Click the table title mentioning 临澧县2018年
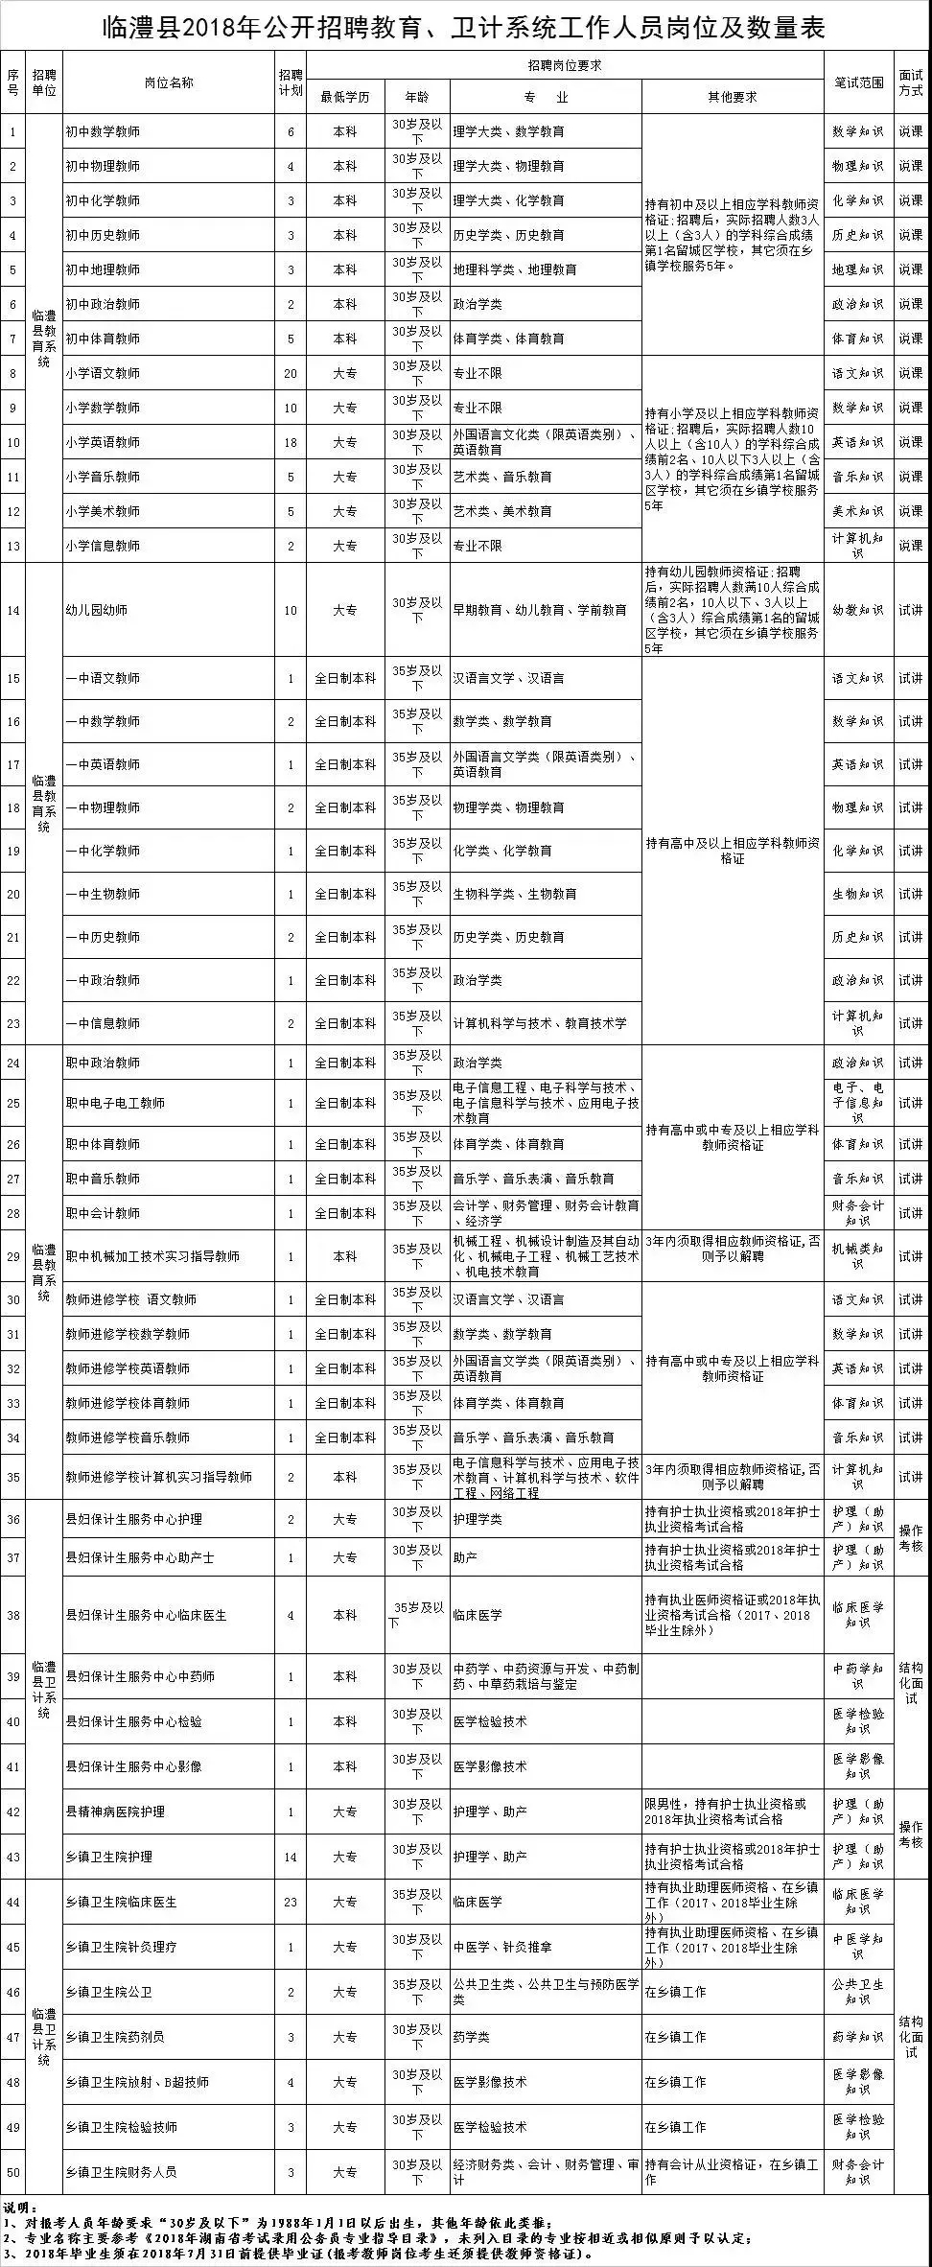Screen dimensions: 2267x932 point(464,27)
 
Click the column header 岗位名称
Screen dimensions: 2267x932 point(169,82)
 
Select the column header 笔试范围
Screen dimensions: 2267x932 point(858,82)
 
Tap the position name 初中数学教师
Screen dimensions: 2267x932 point(103,131)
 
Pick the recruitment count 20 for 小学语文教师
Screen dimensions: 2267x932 point(291,373)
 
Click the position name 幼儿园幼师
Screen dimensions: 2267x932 point(96,610)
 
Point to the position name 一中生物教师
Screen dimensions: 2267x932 point(103,894)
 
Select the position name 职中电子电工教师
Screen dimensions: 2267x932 point(115,1103)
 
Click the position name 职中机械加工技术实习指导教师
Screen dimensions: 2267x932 point(152,1256)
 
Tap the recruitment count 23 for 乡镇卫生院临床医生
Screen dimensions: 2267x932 point(291,1902)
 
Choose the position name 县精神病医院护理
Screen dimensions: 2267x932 point(115,1811)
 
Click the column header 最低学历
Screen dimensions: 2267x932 point(345,97)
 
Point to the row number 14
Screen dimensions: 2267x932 point(12,610)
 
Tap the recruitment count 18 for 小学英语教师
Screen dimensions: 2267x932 point(291,442)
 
